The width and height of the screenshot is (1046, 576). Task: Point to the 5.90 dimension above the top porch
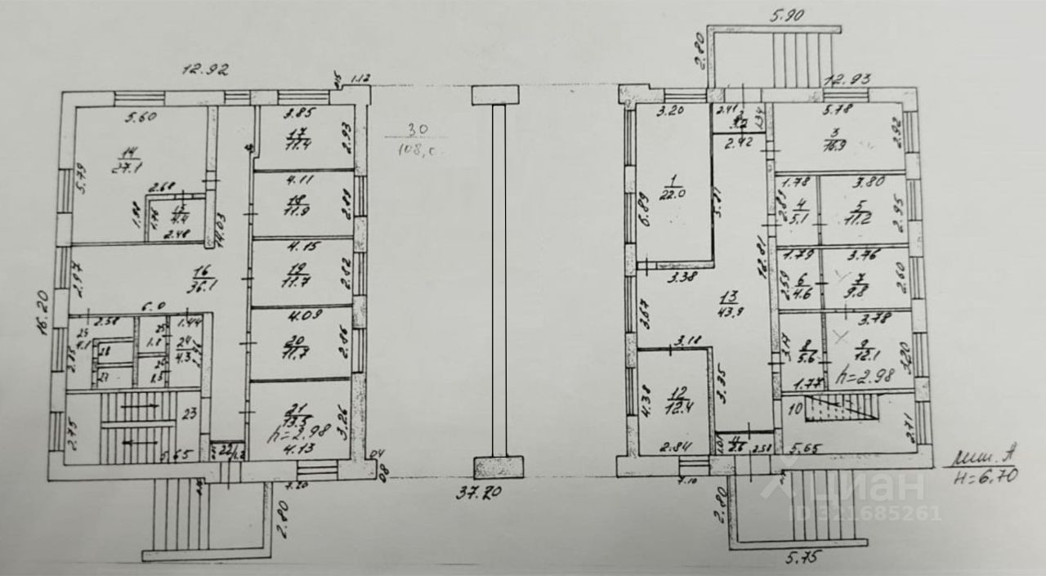click(771, 15)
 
